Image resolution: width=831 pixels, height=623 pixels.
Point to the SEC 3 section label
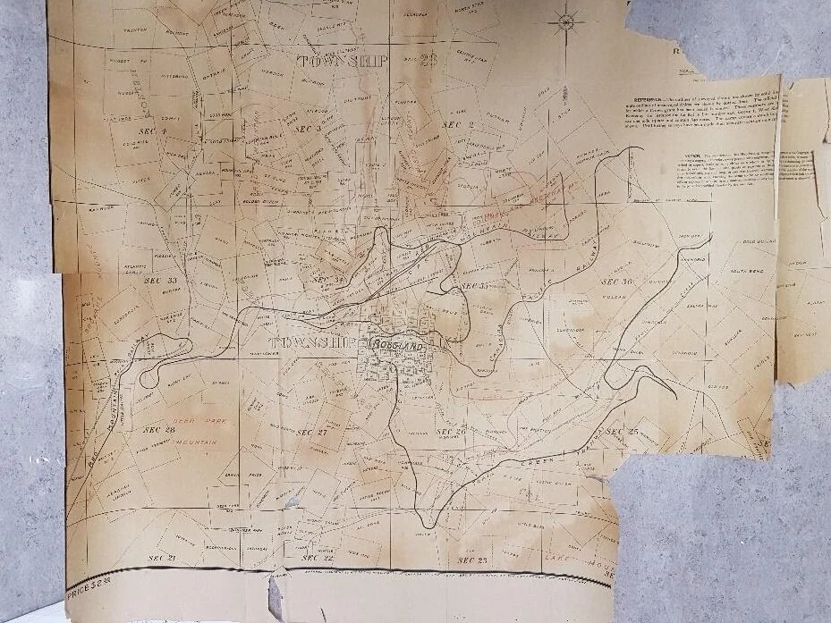(x=309, y=130)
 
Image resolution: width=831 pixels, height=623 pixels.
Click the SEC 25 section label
(x=622, y=432)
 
